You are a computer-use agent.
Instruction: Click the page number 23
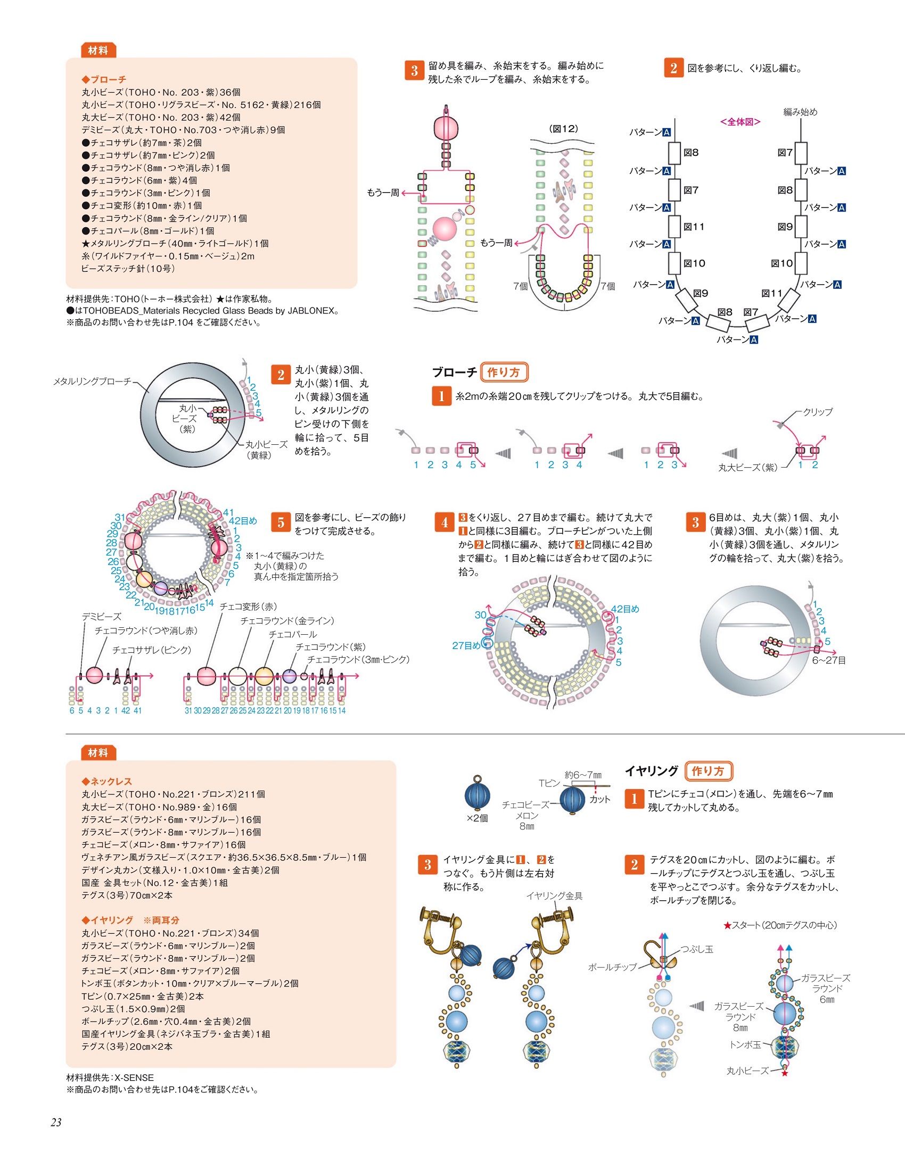click(x=56, y=1122)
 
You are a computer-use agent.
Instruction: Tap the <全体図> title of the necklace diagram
click(x=740, y=122)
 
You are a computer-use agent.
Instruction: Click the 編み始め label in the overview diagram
click(x=800, y=112)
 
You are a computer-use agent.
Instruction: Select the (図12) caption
click(x=563, y=128)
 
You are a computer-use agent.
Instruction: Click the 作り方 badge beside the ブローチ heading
click(x=504, y=372)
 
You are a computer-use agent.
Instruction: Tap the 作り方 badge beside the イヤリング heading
click(x=708, y=771)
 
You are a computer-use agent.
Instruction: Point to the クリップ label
click(x=818, y=411)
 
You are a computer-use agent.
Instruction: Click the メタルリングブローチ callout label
click(x=92, y=381)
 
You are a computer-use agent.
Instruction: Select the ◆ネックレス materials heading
click(x=106, y=781)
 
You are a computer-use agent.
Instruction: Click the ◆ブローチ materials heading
click(x=104, y=79)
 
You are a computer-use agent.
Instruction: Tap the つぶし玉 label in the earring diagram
click(x=697, y=949)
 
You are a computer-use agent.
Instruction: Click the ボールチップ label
click(x=612, y=967)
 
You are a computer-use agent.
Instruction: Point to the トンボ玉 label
click(x=745, y=1044)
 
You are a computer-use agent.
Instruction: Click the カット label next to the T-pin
click(x=600, y=799)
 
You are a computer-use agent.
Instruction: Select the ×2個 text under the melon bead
click(x=477, y=818)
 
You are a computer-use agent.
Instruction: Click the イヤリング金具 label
click(x=554, y=895)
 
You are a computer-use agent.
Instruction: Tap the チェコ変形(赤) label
click(x=248, y=607)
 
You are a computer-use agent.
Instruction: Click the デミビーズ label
click(x=101, y=616)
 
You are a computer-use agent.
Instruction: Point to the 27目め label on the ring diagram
click(x=466, y=645)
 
